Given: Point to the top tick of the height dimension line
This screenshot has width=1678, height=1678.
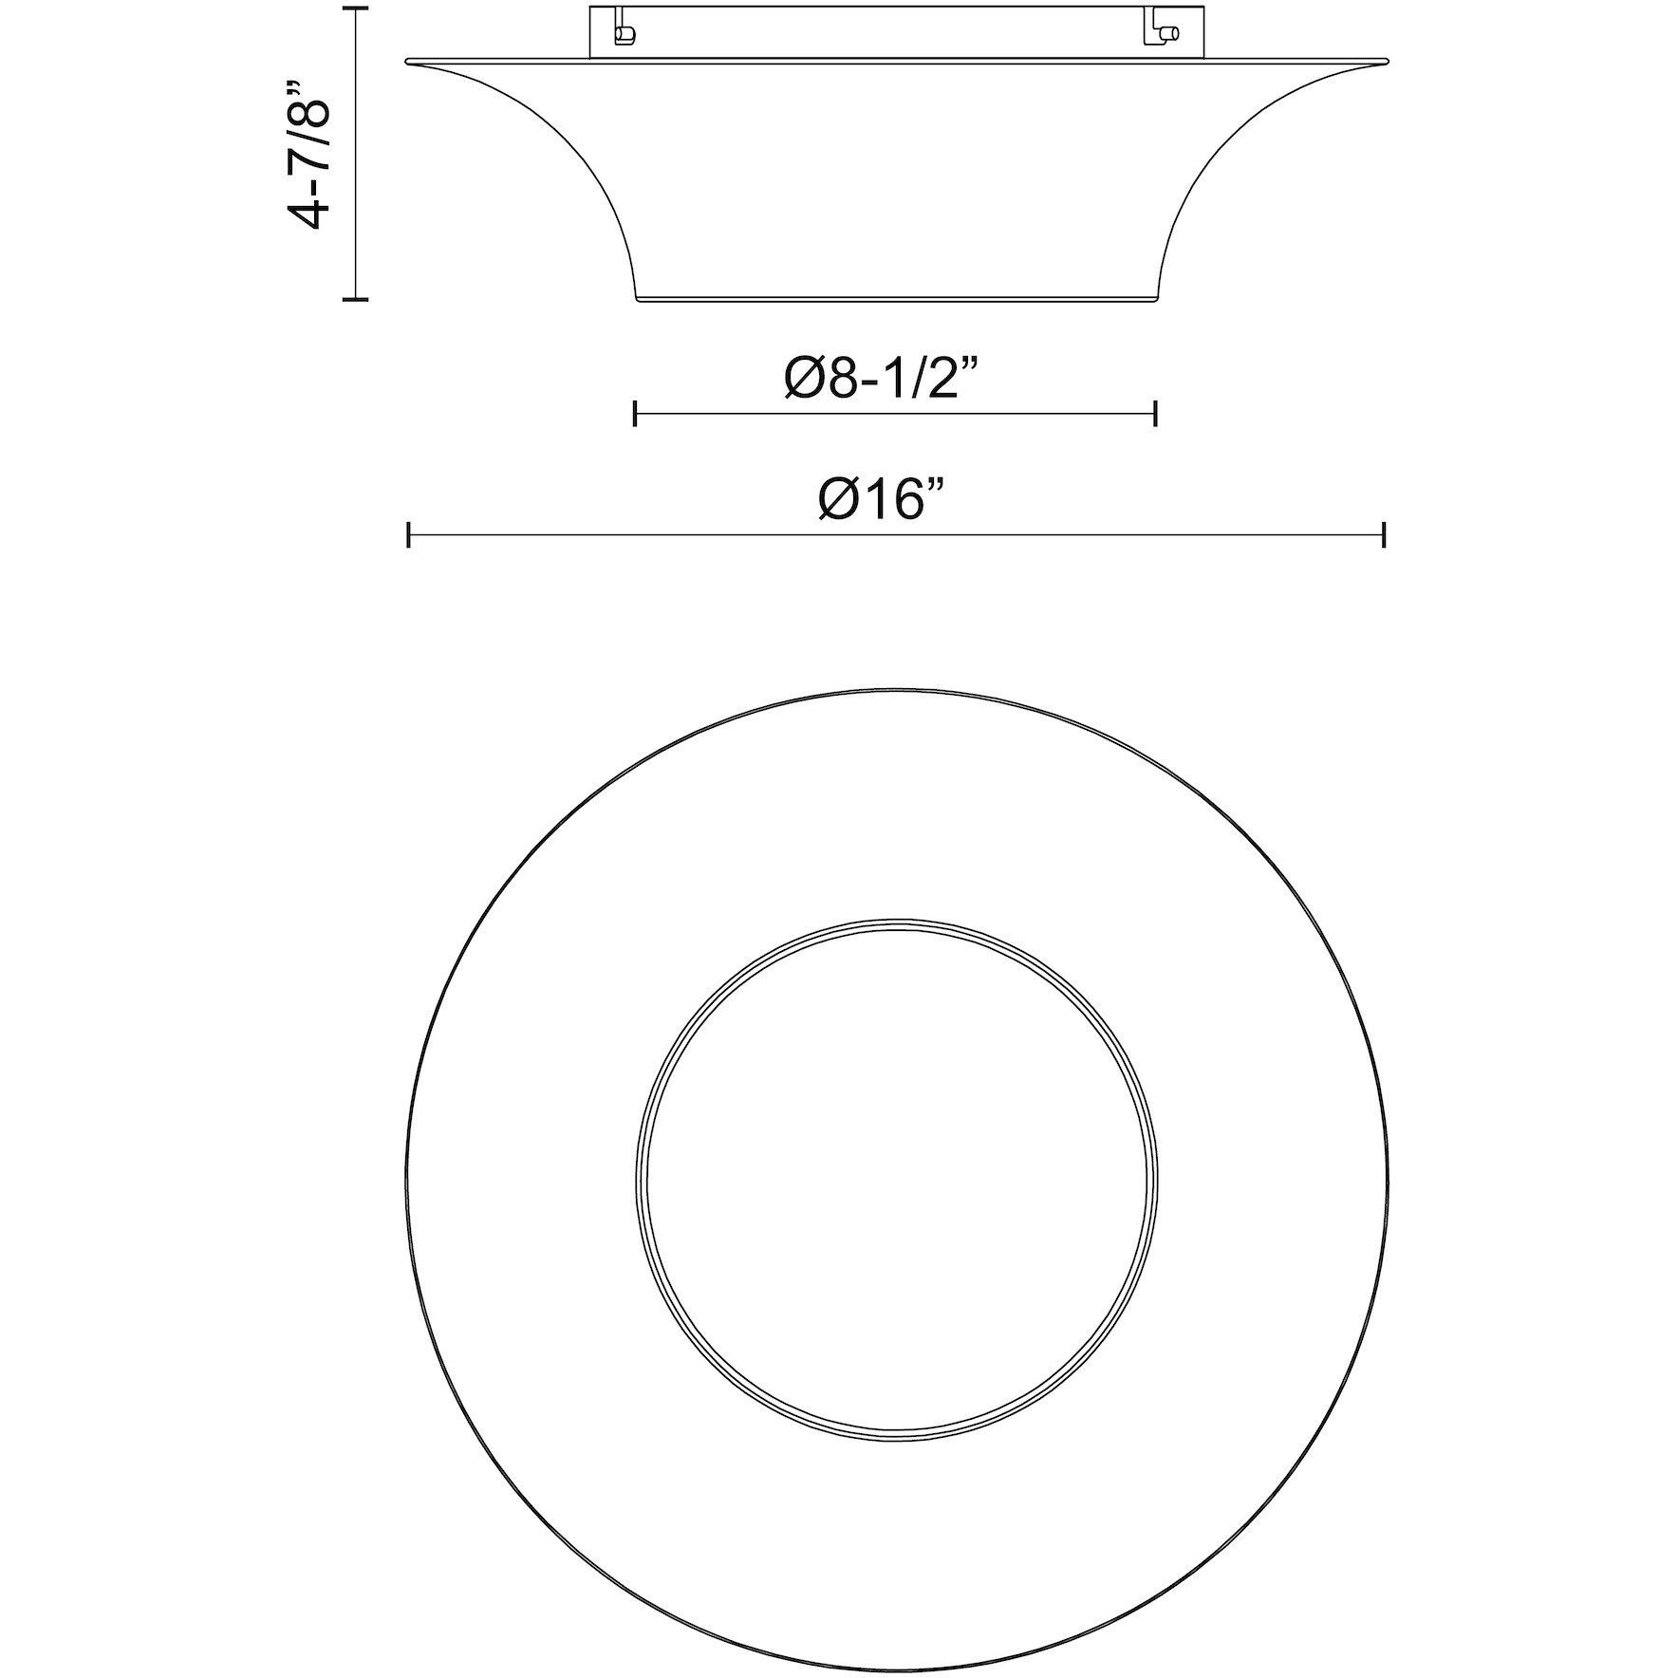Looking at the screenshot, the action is click(x=355, y=9).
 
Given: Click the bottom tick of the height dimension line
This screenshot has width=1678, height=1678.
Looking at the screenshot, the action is click(x=355, y=299).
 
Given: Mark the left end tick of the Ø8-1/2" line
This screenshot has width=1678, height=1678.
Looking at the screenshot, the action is click(x=635, y=413).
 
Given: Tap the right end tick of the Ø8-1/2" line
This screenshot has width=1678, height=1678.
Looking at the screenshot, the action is click(x=1155, y=413).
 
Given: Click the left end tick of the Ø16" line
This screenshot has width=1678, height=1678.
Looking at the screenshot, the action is click(x=408, y=534).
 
